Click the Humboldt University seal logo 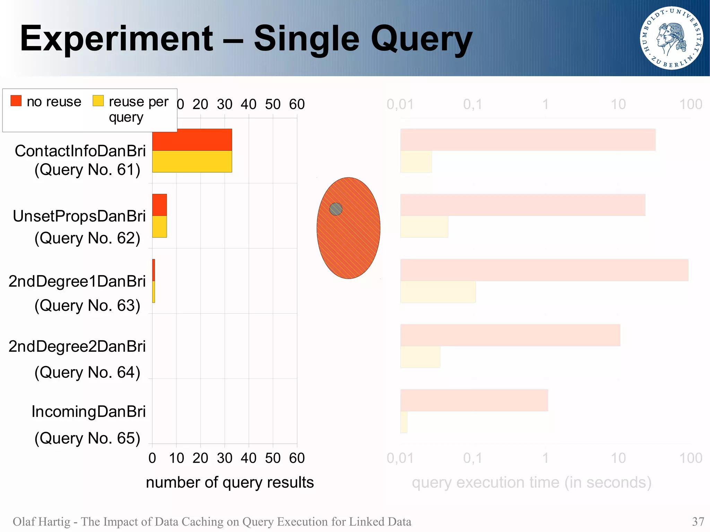671,38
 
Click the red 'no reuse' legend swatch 16,101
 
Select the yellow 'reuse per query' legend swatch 98,101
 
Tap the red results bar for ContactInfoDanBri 192,140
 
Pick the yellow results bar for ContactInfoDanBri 192,162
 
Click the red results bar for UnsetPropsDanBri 159,205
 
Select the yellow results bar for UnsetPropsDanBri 159,227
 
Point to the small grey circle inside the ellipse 336,209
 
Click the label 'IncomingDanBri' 88,411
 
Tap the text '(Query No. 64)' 87,372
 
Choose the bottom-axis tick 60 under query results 297,458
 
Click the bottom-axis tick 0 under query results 152,458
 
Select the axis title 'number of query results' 230,482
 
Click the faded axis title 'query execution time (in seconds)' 531,482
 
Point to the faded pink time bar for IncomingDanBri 474,400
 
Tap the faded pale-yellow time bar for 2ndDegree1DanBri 438,292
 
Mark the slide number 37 698,522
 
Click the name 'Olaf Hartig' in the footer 41,522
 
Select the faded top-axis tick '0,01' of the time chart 400,104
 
